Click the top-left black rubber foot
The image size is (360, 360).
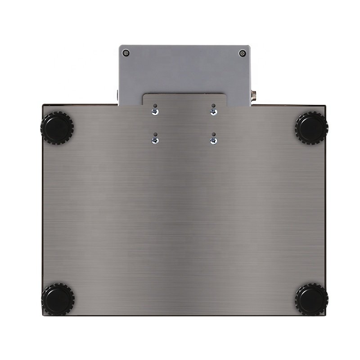[x=57, y=128]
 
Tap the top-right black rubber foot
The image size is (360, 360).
[x=311, y=128]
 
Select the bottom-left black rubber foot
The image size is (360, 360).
[x=57, y=299]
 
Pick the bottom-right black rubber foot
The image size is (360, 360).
[x=311, y=299]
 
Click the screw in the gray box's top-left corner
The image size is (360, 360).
[x=126, y=53]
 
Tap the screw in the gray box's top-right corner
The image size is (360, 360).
[x=243, y=53]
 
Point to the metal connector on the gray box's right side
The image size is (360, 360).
[x=253, y=95]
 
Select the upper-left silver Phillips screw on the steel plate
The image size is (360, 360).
[x=155, y=112]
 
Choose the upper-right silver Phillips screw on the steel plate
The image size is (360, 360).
[x=214, y=112]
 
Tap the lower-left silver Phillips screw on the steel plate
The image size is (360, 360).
[x=155, y=141]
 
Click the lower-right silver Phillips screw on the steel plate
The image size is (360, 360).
[x=214, y=141]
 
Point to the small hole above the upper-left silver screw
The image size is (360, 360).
[x=155, y=106]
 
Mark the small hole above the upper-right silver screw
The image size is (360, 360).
[x=214, y=106]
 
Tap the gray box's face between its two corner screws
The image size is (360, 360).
[x=184, y=67]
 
